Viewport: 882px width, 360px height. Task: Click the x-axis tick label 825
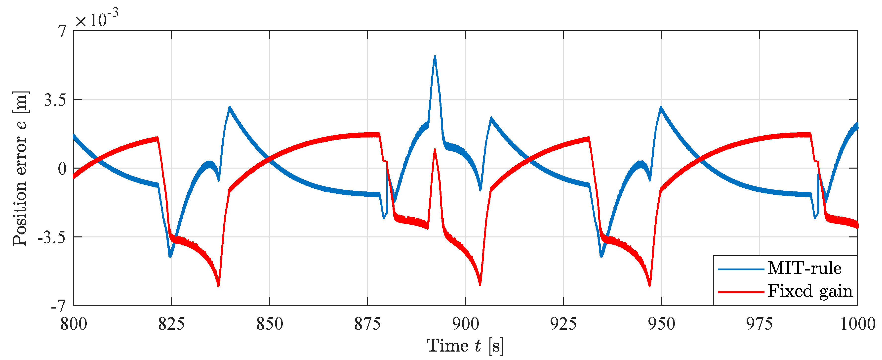[171, 324]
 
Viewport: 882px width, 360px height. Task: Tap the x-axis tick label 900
[465, 324]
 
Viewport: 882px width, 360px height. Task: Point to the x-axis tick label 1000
[857, 324]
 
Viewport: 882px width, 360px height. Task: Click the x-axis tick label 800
[74, 324]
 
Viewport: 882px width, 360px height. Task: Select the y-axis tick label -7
[58, 306]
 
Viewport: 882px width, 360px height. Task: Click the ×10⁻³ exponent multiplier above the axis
[97, 19]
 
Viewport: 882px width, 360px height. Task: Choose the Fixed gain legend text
[810, 291]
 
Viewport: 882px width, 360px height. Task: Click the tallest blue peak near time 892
[435, 56]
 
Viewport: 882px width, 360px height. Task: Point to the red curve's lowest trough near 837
[218, 286]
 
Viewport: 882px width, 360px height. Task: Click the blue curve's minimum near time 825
[170, 256]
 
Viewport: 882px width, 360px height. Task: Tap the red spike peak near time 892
[435, 150]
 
